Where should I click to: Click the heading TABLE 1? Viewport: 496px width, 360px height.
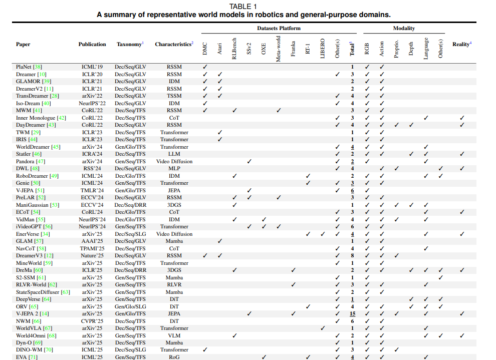click(243, 7)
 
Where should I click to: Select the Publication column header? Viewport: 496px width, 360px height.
click(92, 44)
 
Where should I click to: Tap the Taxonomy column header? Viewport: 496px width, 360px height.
click(129, 44)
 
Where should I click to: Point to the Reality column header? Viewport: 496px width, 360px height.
click(461, 44)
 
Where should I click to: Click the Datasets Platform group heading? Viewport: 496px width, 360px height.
click(279, 29)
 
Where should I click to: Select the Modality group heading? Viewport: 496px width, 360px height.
click(403, 29)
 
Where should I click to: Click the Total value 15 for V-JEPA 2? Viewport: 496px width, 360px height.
click(352, 313)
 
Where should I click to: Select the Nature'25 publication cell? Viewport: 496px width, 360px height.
click(92, 255)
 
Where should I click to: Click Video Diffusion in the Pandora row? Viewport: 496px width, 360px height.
click(174, 161)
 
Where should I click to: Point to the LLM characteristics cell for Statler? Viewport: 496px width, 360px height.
click(174, 154)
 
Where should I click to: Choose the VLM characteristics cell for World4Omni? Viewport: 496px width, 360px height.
click(174, 335)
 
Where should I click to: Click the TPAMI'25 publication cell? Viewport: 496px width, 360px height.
click(92, 248)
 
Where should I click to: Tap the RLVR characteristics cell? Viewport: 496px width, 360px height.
click(174, 284)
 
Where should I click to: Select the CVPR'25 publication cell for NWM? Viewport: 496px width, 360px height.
click(92, 321)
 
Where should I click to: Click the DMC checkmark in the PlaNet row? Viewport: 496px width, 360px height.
click(204, 67)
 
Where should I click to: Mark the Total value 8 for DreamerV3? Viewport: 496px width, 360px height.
click(352, 255)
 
